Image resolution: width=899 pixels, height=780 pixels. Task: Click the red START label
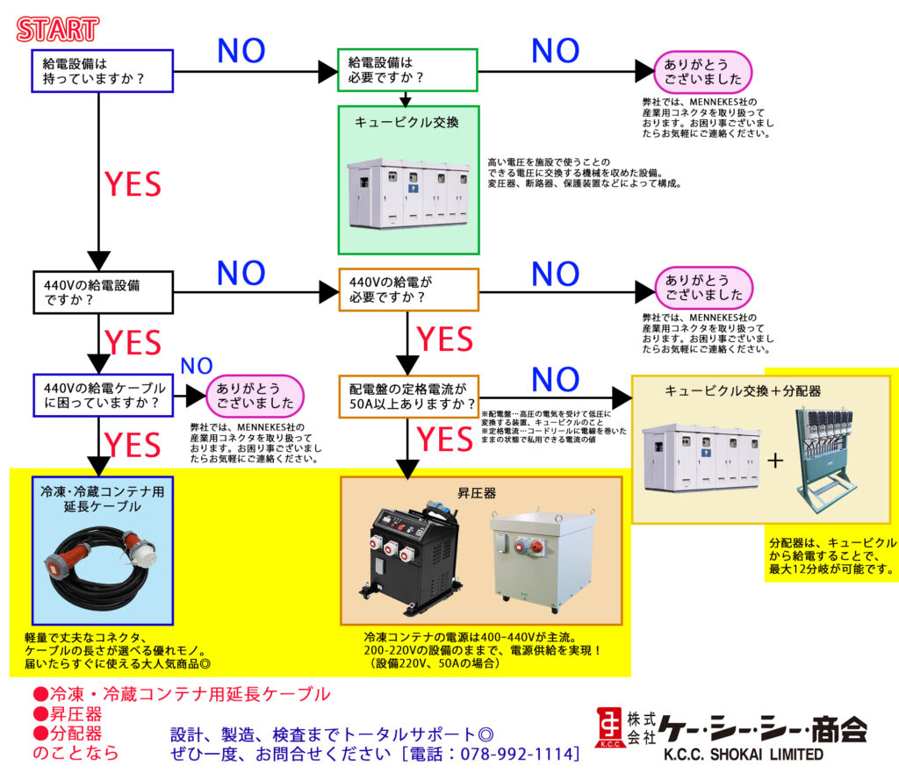click(57, 29)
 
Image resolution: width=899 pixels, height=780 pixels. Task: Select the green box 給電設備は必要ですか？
click(408, 69)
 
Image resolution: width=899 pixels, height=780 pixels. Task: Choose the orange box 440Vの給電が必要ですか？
click(408, 290)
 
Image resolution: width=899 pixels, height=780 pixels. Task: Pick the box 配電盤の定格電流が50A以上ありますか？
click(408, 396)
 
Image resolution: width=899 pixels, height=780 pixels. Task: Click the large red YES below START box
click(133, 184)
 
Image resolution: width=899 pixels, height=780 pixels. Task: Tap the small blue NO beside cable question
click(196, 365)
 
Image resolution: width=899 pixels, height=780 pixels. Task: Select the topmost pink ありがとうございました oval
click(703, 71)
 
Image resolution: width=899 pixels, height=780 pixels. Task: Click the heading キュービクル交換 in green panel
click(406, 122)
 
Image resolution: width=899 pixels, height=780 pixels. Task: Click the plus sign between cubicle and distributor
click(775, 459)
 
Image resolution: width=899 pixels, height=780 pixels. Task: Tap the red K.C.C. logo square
click(608, 726)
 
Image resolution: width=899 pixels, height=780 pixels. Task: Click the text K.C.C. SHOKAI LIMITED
click(742, 755)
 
